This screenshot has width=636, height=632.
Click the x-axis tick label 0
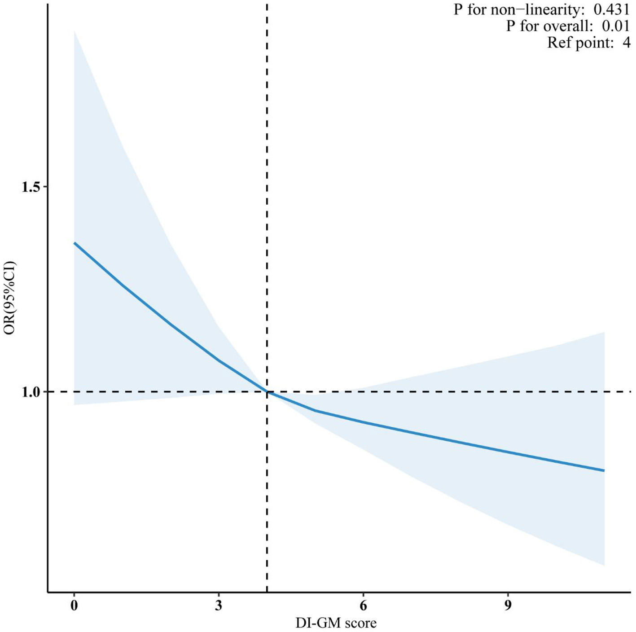74,606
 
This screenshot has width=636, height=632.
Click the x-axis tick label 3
219,606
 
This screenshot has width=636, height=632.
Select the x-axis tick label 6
363,606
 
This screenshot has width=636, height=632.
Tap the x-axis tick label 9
508,606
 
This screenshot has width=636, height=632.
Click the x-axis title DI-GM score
336,623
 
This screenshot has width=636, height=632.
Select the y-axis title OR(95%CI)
9,298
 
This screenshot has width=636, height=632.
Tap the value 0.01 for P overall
616,26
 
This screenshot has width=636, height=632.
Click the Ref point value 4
626,43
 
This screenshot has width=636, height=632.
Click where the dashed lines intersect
267,392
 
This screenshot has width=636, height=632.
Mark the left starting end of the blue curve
75,243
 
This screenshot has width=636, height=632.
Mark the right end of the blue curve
604,470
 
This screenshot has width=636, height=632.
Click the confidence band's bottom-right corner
604,565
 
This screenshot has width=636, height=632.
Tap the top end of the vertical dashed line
267,4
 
